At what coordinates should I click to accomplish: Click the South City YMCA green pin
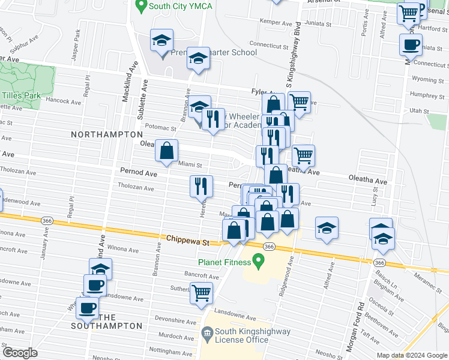click(142, 7)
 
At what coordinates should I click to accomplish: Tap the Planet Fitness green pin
click(259, 262)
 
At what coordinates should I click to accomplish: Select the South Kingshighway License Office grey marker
click(207, 332)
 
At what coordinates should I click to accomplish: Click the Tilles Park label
click(21, 95)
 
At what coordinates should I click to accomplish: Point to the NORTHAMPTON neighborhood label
click(106, 134)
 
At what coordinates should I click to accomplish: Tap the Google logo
click(20, 353)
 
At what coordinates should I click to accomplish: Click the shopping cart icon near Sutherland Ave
click(202, 293)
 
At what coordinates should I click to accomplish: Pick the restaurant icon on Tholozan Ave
click(202, 186)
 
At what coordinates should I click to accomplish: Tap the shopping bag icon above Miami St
click(167, 150)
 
